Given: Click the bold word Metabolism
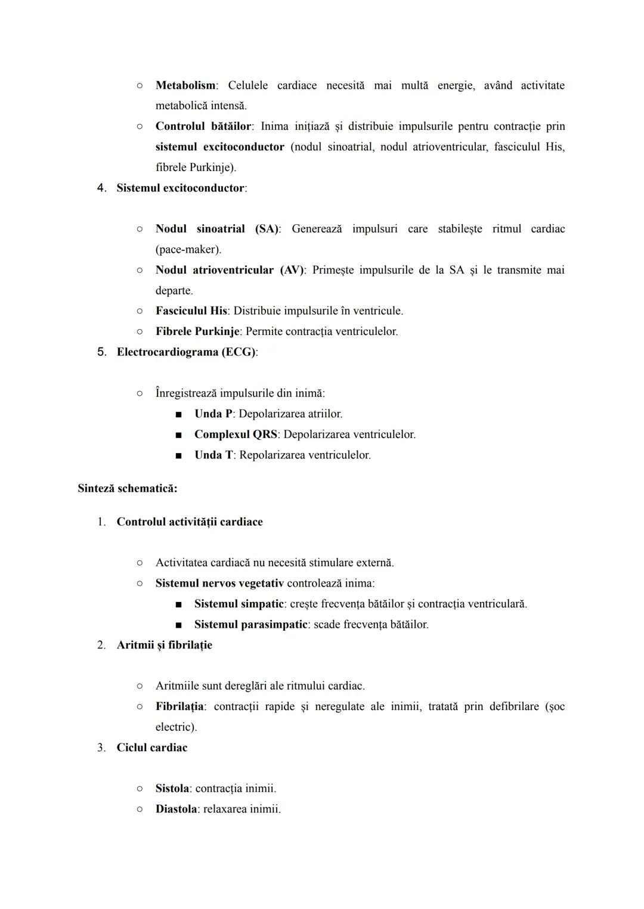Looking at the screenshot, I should click(185, 85).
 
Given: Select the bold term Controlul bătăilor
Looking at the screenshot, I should click(203, 126).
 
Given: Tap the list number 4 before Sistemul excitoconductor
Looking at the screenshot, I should click(101, 188).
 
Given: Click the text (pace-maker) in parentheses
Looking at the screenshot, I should click(188, 249).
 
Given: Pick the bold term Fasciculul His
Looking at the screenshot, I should click(191, 311).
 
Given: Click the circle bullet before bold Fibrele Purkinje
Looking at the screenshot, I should click(139, 331).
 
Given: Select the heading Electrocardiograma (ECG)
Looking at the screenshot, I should click(187, 352).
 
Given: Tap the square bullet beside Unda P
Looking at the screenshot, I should click(178, 414).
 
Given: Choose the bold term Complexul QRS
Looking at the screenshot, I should click(236, 435).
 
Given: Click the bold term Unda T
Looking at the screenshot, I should click(213, 455).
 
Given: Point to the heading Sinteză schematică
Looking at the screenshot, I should click(127, 488).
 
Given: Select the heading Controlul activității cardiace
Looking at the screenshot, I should click(189, 522).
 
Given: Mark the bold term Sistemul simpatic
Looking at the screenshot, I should click(239, 604).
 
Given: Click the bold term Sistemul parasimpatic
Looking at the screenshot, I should click(250, 624).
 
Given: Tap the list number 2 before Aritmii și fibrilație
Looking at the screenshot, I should click(101, 645).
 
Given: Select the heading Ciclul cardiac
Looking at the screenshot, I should click(151, 747).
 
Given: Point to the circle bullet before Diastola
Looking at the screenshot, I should click(139, 809).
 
